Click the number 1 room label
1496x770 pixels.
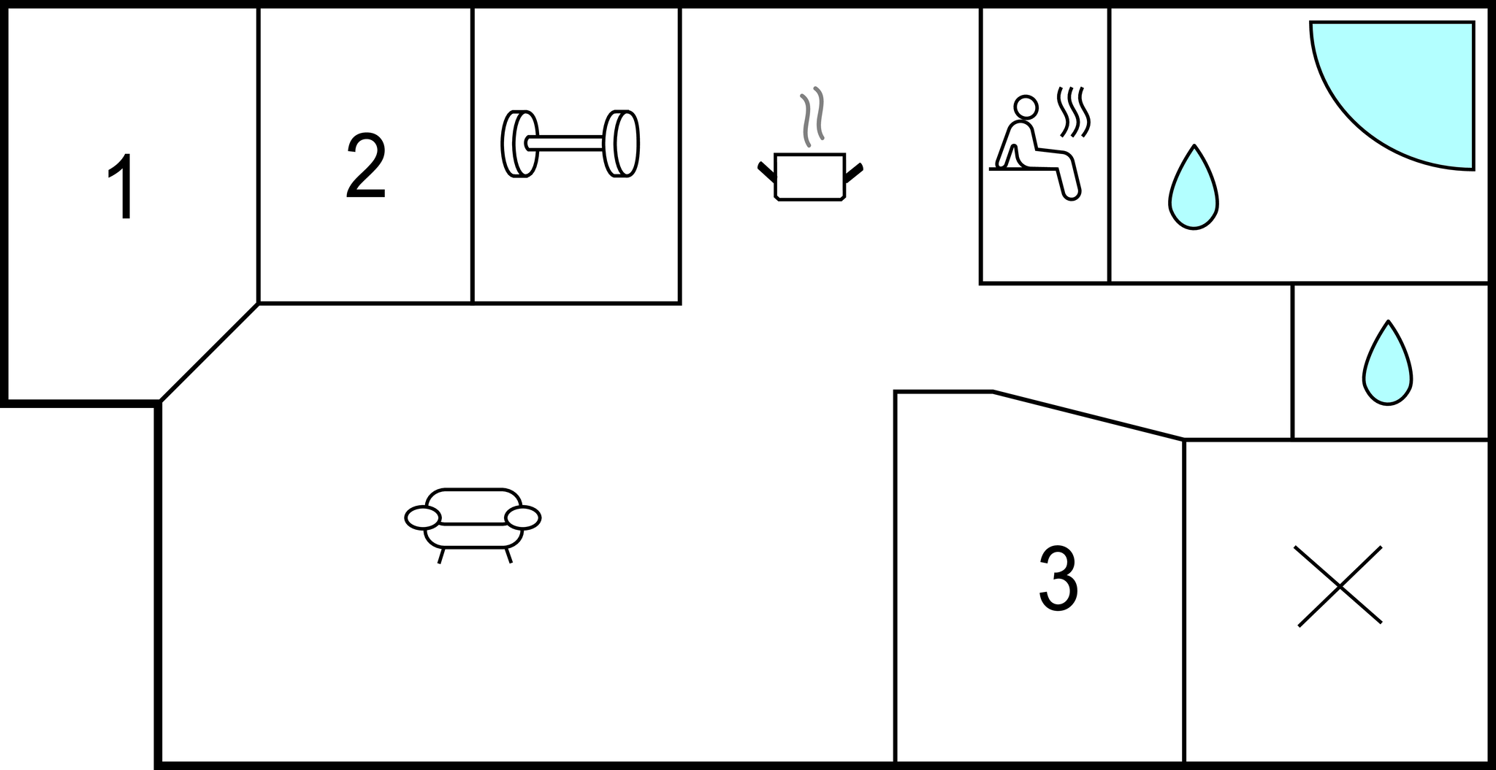click(x=122, y=185)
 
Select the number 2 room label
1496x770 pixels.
click(x=365, y=166)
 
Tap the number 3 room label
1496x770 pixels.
click(x=1058, y=579)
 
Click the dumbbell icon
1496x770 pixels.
click(x=570, y=143)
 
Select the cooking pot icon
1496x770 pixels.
click(x=809, y=176)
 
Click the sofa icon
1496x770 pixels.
click(x=473, y=520)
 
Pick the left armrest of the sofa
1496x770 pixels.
click(x=422, y=517)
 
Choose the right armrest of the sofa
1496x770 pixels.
click(x=523, y=517)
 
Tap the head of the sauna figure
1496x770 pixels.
click(x=1026, y=107)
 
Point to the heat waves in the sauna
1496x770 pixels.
click(x=1075, y=112)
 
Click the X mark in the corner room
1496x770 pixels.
click(x=1339, y=585)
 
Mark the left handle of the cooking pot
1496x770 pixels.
click(x=766, y=172)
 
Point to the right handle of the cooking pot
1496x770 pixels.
click(x=853, y=172)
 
